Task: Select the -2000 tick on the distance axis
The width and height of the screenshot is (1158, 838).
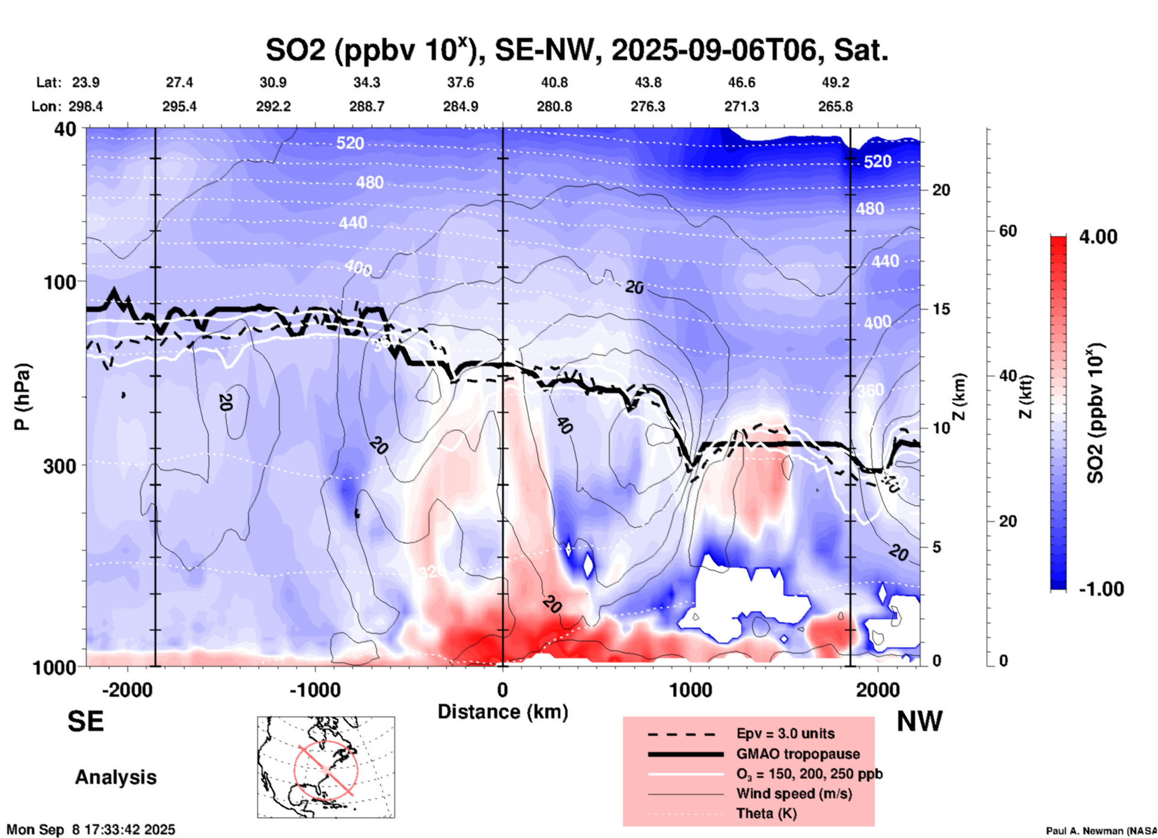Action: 127,690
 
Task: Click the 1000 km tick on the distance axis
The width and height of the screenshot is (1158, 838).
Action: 690,690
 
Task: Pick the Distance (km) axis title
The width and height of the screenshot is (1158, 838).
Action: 503,712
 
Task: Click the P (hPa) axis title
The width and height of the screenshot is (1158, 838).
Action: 22,397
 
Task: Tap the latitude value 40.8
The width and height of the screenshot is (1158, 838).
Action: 554,82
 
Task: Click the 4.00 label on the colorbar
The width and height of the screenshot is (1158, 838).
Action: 1098,237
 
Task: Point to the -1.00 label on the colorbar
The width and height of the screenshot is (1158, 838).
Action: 1101,589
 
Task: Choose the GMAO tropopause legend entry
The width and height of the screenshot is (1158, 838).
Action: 798,754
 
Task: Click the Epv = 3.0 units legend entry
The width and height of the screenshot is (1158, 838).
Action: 785,733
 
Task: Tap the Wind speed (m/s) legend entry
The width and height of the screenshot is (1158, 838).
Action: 794,794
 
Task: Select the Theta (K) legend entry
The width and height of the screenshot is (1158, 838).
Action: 767,813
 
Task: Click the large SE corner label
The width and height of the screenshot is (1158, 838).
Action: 85,721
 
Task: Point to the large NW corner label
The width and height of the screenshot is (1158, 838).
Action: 919,721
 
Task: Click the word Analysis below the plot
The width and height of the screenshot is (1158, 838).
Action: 115,777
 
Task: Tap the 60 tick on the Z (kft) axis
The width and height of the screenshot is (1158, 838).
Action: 1008,231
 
